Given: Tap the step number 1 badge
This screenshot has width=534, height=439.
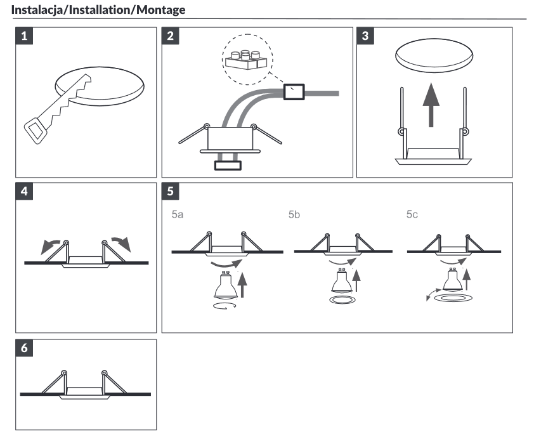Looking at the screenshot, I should (x=25, y=36).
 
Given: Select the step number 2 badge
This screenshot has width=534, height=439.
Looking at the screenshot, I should (x=170, y=36).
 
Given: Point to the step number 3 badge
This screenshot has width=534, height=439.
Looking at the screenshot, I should (x=365, y=36).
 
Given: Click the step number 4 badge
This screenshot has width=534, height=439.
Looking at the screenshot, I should (x=25, y=191).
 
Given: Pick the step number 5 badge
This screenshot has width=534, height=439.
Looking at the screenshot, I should (x=170, y=191).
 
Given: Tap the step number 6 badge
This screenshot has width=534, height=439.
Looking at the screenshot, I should (x=25, y=348).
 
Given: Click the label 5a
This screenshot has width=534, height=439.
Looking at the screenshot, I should (x=178, y=215).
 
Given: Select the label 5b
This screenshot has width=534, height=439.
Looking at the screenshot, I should (x=294, y=215).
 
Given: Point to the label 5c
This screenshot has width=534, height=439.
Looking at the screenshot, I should (x=412, y=215).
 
